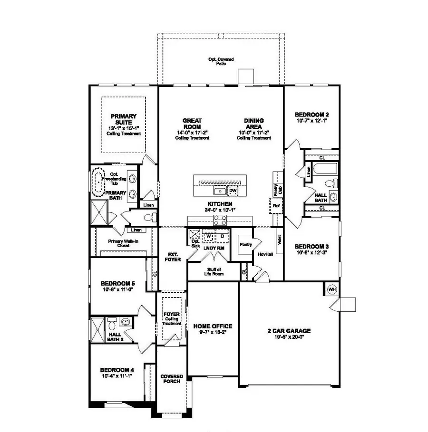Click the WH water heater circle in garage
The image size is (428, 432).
(x=331, y=288)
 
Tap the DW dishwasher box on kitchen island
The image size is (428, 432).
(x=233, y=191)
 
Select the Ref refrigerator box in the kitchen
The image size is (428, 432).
(x=276, y=205)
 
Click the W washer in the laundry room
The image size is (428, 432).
(x=208, y=236)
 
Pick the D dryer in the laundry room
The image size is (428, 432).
(x=222, y=236)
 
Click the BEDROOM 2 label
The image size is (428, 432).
(x=311, y=117)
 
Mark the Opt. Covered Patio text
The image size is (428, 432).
(x=221, y=61)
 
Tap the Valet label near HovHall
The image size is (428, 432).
(x=279, y=240)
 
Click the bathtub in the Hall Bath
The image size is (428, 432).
(x=325, y=169)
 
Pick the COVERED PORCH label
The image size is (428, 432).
(x=172, y=379)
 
